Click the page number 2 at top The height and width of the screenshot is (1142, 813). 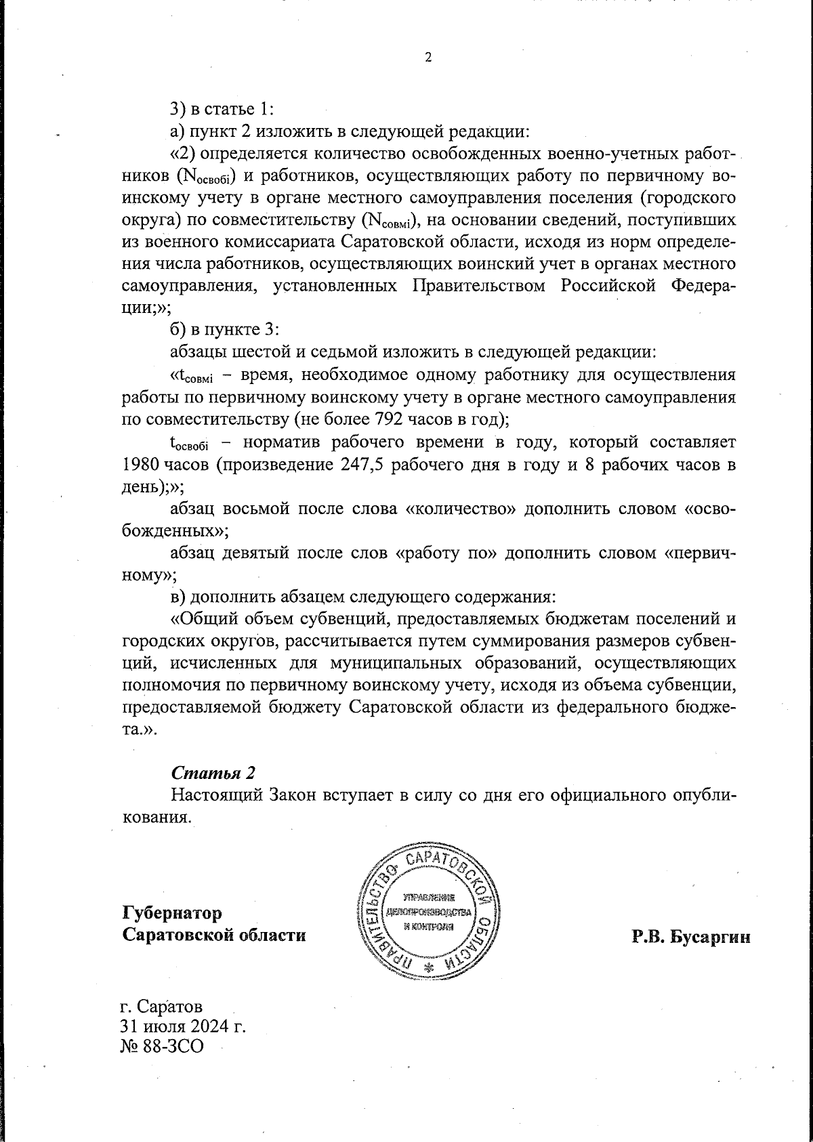click(428, 58)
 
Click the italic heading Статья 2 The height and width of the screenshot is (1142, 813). click(213, 772)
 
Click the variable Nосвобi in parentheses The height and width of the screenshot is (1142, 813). click(205, 177)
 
